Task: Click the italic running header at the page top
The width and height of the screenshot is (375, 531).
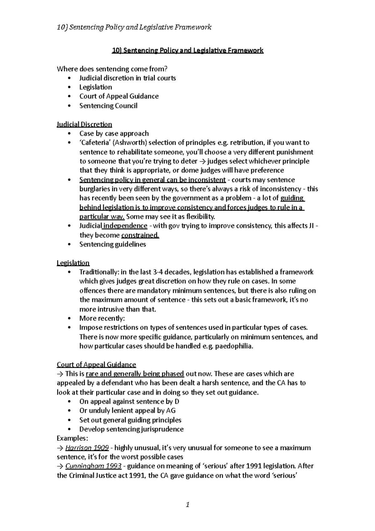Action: coord(134,27)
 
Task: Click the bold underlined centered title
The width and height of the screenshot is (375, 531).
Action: coord(187,50)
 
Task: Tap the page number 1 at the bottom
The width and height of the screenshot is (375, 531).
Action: coord(187,504)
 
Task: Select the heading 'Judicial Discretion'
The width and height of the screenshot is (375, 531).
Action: coord(84,124)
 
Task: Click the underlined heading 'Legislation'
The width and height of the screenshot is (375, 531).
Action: coord(73,263)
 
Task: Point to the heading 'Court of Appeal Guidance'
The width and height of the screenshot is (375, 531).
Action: coord(96,365)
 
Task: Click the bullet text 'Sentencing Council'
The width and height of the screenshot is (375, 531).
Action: coord(108,106)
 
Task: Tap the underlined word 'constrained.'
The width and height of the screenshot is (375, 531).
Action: coord(140,235)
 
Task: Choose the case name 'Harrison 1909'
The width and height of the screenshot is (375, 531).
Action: coord(87,448)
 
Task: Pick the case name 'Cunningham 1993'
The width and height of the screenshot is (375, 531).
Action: coord(93,466)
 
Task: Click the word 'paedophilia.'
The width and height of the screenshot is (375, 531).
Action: coord(234,346)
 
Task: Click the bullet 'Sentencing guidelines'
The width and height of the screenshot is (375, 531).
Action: coord(112,244)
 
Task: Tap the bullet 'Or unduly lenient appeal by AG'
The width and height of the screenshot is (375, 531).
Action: coord(127,411)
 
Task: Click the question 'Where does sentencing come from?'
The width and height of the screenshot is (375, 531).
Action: coord(114,69)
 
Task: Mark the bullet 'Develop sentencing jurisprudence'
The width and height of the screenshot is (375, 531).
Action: coord(131,429)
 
